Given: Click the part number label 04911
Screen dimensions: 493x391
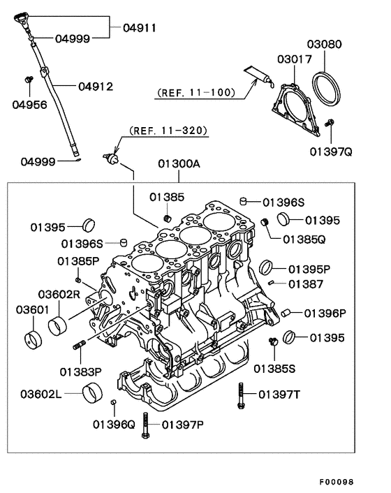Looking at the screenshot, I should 140,29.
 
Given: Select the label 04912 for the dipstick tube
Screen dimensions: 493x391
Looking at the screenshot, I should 95,87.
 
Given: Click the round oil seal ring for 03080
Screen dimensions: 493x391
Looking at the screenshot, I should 327,86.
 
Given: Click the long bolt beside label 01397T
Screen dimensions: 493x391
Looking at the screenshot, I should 242,396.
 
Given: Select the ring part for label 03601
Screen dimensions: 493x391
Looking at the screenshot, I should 32,339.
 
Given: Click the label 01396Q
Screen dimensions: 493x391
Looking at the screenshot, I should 114,424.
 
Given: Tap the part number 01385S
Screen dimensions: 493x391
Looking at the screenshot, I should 274,367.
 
